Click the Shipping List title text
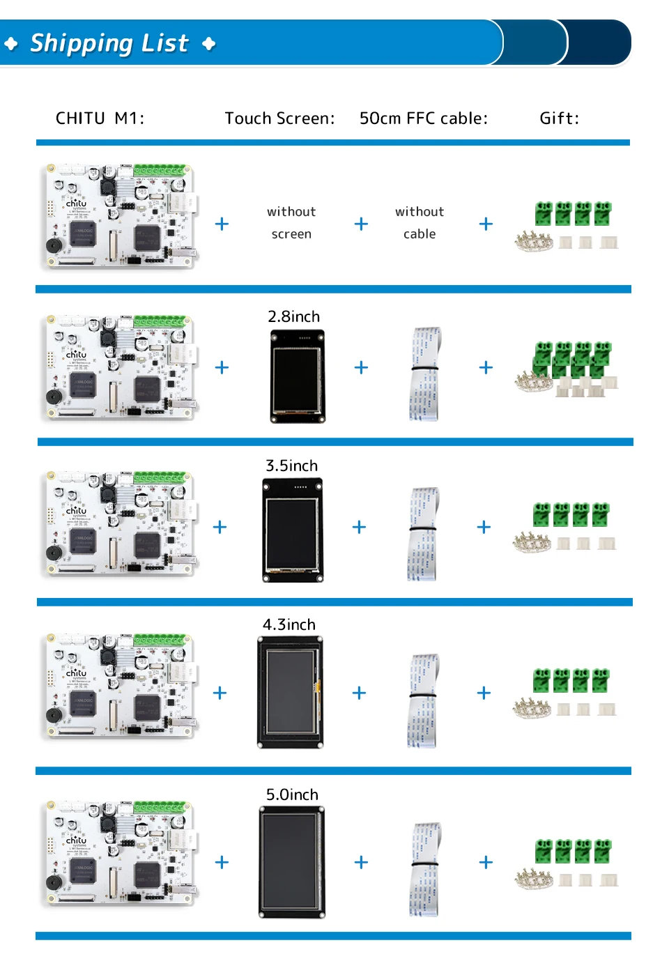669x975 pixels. coord(109,43)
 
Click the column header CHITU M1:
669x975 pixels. coord(100,118)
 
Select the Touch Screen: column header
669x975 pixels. coord(279,118)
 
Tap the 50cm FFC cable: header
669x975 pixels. coord(423,118)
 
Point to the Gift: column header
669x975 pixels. coord(559,118)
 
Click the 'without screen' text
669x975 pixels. coord(291,222)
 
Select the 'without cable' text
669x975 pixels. coord(420,222)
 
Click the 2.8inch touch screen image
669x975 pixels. coord(298,376)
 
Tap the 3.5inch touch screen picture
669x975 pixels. coord(293,530)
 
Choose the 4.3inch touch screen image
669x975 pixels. coord(290,693)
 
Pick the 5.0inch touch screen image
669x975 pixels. coord(292,862)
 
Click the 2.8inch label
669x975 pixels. coord(294,316)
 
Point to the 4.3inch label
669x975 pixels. coord(289,624)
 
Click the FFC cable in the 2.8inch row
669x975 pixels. coord(425,374)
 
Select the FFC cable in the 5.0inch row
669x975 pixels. coord(425,869)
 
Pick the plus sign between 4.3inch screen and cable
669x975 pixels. coord(359,693)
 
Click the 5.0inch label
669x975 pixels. coord(292,794)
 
